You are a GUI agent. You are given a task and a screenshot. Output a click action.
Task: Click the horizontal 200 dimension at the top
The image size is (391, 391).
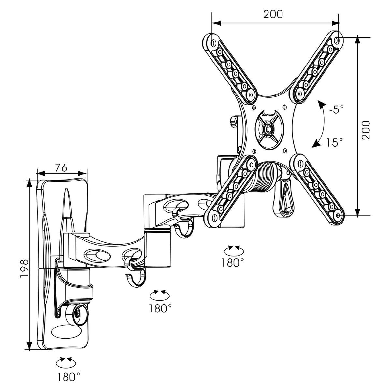273,14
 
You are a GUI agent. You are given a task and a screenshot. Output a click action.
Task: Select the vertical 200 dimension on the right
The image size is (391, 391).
367,130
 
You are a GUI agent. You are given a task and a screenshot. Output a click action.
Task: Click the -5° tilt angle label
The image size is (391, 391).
336,109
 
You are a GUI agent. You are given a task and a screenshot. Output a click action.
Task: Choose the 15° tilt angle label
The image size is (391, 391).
335,142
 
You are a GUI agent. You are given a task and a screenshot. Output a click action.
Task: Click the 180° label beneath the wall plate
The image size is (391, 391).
68,377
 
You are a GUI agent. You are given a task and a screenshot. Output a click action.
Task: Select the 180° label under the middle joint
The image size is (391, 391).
160,308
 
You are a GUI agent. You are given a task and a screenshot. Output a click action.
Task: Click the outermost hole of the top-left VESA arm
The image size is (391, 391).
213,43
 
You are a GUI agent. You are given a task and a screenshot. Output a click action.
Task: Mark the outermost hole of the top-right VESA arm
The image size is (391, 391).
337,40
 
